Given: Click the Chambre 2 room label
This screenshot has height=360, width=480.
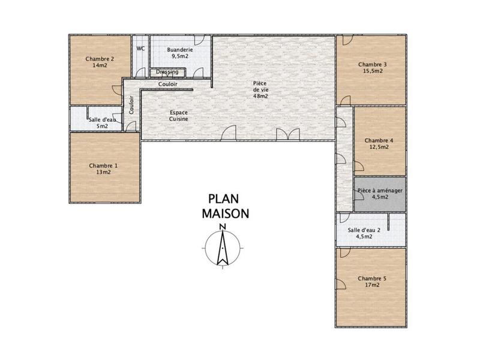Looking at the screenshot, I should point(100,59).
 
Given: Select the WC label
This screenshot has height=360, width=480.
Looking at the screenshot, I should point(140,49).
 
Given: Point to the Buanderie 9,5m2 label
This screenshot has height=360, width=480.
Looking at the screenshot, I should point(180,53).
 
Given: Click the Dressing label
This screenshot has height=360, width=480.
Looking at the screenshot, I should point(167,72).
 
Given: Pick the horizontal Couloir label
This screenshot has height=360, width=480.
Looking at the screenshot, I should point(168,85).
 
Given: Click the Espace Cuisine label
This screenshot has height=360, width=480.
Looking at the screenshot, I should point(179,116).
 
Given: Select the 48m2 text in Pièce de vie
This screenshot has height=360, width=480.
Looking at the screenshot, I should point(260,96).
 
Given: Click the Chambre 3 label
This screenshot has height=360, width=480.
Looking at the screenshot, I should point(373,64).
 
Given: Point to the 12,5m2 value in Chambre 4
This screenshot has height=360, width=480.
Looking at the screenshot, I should point(379,146).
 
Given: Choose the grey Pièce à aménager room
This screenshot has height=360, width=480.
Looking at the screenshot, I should point(380,194).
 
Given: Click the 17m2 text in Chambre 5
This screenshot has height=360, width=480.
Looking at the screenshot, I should point(373,285).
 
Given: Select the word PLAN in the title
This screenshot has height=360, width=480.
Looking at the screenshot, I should point(222,199).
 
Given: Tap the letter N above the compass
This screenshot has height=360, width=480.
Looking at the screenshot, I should point(222,226).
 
